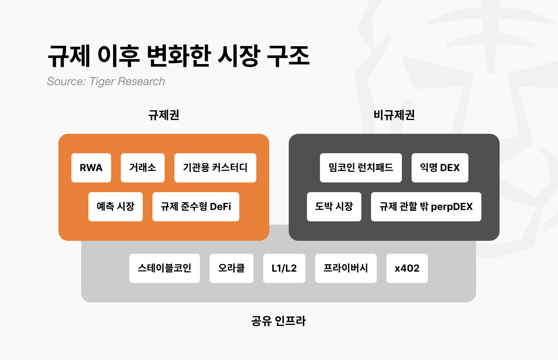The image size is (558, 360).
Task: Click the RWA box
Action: (x=91, y=168)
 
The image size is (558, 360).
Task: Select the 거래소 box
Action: (x=143, y=168)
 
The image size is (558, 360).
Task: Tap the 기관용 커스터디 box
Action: (x=215, y=168)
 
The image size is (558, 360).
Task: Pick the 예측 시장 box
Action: (x=116, y=207)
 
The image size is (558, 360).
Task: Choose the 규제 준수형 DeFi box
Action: (x=196, y=207)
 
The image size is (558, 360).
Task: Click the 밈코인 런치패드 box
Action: (x=361, y=168)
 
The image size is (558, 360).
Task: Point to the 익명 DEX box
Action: (x=440, y=168)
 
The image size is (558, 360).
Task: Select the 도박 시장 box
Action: (x=334, y=207)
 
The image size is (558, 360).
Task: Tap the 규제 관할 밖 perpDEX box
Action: (x=426, y=207)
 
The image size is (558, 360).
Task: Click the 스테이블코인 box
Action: (x=165, y=268)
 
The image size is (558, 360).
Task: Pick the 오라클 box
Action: (x=232, y=268)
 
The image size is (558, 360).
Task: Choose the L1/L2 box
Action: (x=284, y=268)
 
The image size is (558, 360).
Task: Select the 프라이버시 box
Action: (x=346, y=268)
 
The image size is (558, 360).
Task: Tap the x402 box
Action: (x=407, y=268)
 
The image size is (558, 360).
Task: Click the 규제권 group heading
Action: (x=164, y=115)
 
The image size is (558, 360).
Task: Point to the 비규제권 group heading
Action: (x=394, y=115)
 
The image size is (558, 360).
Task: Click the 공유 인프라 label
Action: (x=279, y=321)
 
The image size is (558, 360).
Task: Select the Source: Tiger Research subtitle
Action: (x=106, y=81)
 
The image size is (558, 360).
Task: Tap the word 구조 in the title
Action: (x=288, y=56)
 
